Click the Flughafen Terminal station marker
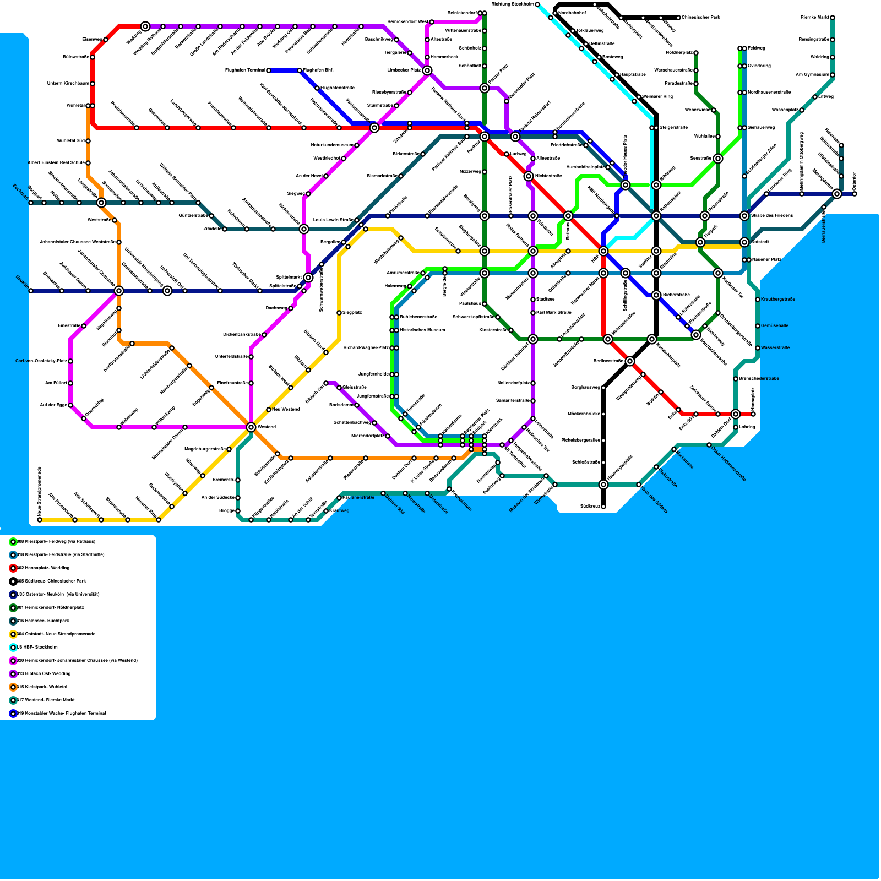pyautogui.click(x=269, y=70)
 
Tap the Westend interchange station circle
pyautogui.click(x=251, y=427)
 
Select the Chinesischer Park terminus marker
pyautogui.click(x=678, y=18)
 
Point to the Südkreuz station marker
pyautogui.click(x=603, y=507)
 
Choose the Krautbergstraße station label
pyautogui.click(x=778, y=300)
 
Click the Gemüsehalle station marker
pyautogui.click(x=758, y=326)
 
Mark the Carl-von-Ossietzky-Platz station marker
pyautogui.click(x=70, y=361)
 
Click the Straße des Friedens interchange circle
pyautogui.click(x=744, y=216)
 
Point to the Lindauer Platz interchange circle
pyautogui.click(x=427, y=70)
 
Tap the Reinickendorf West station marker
pyautogui.click(x=432, y=22)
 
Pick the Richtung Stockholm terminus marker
pyautogui.click(x=537, y=4)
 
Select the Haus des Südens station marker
pyautogui.click(x=639, y=485)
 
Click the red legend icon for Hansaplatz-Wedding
pyautogui.click(x=13, y=568)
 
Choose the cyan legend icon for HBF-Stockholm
pyautogui.click(x=13, y=648)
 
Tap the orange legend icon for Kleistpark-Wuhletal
pyautogui.click(x=13, y=687)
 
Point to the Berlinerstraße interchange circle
pyautogui.click(x=630, y=361)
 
